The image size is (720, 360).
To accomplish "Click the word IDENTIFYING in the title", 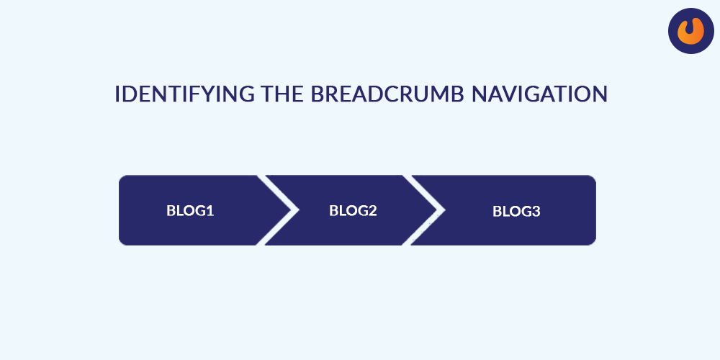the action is pos(184,94).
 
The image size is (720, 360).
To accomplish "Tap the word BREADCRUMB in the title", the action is pos(387,94).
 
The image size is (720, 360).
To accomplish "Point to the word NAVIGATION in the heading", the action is pos(539,94).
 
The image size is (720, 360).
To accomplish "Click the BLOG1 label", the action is pos(190,210).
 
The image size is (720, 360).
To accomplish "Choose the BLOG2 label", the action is pos(353,210).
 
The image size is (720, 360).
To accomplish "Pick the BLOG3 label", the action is pos(516,211).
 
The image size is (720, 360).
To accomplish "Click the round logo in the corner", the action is pos(691,31).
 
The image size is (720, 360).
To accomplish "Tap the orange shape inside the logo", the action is pos(691,31).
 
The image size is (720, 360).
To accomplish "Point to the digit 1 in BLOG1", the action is pos(210,210).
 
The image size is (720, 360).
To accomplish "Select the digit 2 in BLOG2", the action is pos(372,210).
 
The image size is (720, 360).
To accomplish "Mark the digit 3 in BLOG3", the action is pos(536,211).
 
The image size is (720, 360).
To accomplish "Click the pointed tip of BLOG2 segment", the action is pos(437,210).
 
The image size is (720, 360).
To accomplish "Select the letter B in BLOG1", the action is pos(171,210).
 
